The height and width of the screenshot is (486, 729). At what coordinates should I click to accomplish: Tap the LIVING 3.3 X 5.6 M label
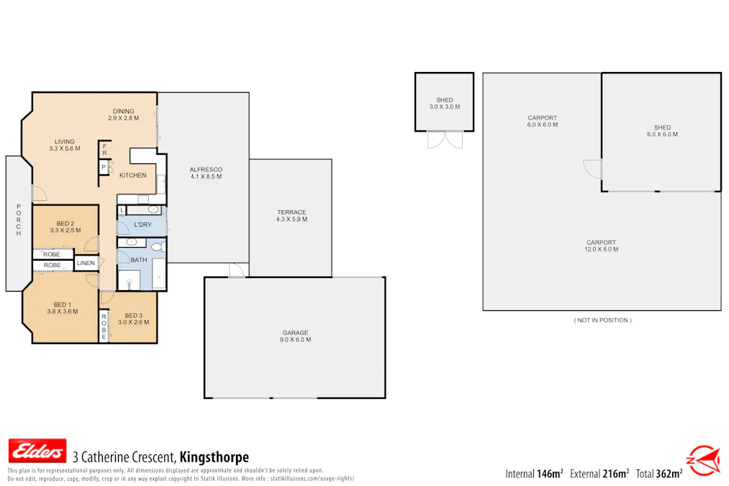tap(64, 145)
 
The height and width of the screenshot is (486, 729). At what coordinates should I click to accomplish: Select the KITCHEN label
tap(132, 176)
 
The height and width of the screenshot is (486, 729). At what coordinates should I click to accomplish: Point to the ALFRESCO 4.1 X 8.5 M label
tap(206, 172)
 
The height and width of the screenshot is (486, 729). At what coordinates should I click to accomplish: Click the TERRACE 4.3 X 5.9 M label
tap(291, 215)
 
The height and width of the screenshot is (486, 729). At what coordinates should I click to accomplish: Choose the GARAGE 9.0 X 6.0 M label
tap(296, 336)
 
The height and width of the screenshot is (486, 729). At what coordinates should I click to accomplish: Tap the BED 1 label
tap(63, 307)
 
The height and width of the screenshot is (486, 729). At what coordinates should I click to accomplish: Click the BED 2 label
tap(64, 227)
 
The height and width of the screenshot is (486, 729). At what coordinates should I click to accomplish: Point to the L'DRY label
tap(142, 225)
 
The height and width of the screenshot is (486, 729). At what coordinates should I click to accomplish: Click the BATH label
tap(139, 260)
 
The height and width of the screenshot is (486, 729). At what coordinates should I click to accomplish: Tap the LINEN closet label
tap(86, 264)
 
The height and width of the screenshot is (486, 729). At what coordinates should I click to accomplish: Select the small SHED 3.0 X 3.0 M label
tap(444, 103)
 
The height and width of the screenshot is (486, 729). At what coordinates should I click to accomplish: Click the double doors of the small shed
tap(444, 140)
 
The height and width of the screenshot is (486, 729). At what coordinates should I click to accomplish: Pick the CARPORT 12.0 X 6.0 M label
tap(601, 246)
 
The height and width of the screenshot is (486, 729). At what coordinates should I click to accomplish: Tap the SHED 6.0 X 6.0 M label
tap(662, 131)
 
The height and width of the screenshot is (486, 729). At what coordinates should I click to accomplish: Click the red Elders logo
tap(37, 451)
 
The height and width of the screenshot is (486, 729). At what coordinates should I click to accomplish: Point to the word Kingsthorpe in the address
tap(214, 457)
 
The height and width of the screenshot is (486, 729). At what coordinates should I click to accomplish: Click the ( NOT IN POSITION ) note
tap(602, 320)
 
